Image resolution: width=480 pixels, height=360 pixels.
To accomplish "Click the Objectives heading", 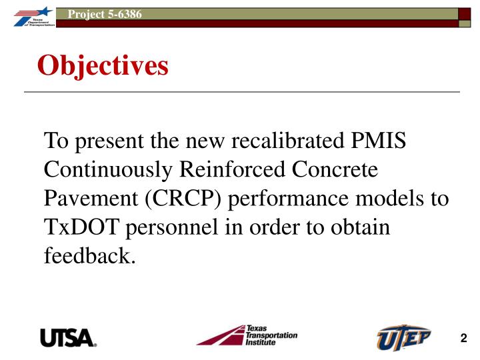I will [103, 65].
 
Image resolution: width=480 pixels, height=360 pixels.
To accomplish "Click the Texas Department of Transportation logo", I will [27, 15].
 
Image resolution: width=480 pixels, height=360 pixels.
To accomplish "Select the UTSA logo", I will [69, 337].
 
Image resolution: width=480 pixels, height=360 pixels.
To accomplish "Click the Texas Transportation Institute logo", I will [247, 335].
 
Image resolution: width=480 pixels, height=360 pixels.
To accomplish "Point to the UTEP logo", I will [403, 336].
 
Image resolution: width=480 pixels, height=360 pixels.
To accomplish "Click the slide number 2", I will [463, 338].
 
